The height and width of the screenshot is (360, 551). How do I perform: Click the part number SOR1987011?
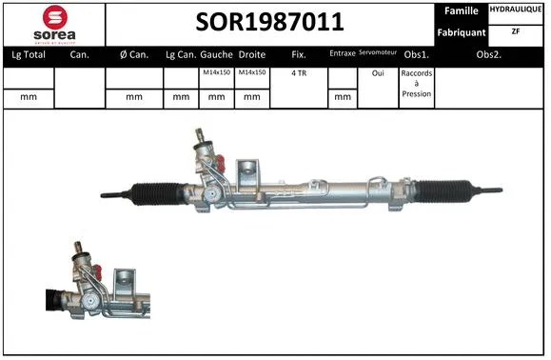pyautogui.click(x=269, y=22)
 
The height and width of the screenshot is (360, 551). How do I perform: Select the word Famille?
pyautogui.click(x=461, y=11)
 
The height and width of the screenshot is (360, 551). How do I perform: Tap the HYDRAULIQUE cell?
pyautogui.click(x=517, y=10)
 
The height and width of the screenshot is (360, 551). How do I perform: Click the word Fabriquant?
pyautogui.click(x=461, y=32)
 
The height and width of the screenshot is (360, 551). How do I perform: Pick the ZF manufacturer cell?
pyautogui.click(x=517, y=31)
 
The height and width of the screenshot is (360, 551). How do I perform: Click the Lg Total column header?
pyautogui.click(x=28, y=55)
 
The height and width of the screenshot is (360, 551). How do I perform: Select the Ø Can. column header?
pyautogui.click(x=134, y=55)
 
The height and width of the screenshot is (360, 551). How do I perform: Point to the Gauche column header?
pyautogui.click(x=216, y=55)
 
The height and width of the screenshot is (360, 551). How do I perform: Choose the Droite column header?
pyautogui.click(x=252, y=55)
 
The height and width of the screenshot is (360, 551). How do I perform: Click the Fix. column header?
pyautogui.click(x=298, y=55)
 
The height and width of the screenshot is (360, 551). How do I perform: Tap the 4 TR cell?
pyautogui.click(x=298, y=72)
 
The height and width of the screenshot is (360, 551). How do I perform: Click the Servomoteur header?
pyautogui.click(x=377, y=54)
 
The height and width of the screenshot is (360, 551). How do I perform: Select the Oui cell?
pyautogui.click(x=377, y=72)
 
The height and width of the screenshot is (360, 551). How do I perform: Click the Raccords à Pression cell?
pyautogui.click(x=416, y=83)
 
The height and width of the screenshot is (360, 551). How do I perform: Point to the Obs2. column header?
pyautogui.click(x=489, y=55)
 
